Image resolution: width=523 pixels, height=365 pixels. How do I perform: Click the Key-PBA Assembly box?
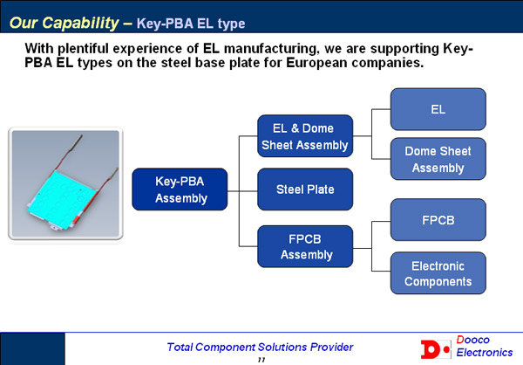[180, 189]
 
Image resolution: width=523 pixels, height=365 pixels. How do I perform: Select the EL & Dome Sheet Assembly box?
[305, 136]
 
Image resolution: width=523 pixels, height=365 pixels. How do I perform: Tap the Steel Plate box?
[305, 189]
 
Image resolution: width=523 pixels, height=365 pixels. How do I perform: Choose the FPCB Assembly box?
[305, 246]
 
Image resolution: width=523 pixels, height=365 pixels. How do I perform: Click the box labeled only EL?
[438, 109]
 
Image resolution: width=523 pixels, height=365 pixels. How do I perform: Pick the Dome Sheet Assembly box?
[438, 159]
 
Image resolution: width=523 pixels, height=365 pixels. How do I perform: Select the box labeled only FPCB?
[438, 220]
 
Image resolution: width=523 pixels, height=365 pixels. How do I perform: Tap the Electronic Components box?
[438, 273]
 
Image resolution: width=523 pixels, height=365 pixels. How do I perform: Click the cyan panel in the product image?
[63, 200]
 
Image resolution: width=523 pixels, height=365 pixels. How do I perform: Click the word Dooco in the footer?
[472, 340]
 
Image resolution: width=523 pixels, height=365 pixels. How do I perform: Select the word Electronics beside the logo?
[485, 352]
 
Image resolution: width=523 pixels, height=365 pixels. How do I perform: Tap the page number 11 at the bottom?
[261, 360]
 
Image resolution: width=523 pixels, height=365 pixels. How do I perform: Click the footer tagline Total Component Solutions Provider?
[260, 347]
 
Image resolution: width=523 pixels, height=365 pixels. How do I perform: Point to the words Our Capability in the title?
[64, 23]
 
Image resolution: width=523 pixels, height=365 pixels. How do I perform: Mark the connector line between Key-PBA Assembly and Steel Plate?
[242, 191]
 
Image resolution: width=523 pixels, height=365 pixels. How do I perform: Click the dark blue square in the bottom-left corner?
[32, 349]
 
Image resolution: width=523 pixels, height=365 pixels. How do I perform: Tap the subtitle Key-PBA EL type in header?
[191, 24]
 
